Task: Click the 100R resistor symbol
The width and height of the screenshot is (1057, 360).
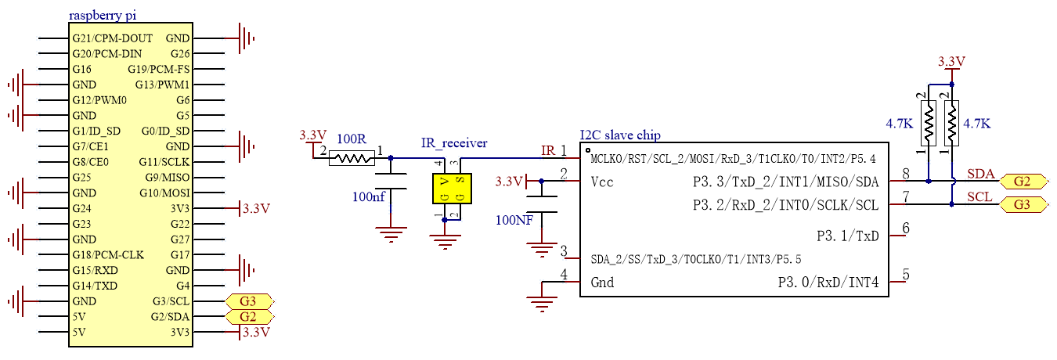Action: click(x=352, y=158)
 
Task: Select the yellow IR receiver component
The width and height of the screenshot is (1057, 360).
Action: click(x=452, y=189)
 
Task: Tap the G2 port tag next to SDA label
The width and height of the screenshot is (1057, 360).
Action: click(x=1023, y=182)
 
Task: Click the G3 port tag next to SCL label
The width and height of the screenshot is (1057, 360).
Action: click(x=1023, y=205)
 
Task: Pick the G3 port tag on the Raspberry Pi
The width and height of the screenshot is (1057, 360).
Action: click(x=249, y=301)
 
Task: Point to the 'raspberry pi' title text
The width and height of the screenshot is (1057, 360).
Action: click(x=103, y=15)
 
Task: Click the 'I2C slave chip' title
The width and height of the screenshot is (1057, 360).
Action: click(x=620, y=135)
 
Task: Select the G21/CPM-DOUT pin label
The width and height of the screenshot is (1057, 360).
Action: click(x=112, y=38)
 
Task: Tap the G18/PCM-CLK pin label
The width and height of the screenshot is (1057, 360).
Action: click(x=108, y=255)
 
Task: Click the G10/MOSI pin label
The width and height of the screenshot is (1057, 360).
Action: click(x=164, y=193)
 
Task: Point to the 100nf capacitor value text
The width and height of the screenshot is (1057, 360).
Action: click(x=369, y=196)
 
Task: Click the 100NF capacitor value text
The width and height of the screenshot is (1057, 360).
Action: click(x=514, y=220)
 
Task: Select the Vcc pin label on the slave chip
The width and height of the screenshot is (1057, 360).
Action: click(x=601, y=182)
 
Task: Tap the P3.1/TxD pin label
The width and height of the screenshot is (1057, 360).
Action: click(x=847, y=236)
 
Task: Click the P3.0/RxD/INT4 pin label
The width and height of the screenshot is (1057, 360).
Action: click(x=828, y=283)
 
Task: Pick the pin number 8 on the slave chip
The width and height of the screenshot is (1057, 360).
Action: click(x=906, y=174)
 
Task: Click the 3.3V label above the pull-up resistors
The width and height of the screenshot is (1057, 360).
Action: click(x=951, y=61)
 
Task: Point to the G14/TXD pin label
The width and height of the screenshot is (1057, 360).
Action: click(x=95, y=286)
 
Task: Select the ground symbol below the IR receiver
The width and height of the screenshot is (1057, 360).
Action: click(x=445, y=240)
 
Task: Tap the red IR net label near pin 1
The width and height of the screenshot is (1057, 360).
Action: click(x=548, y=150)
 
